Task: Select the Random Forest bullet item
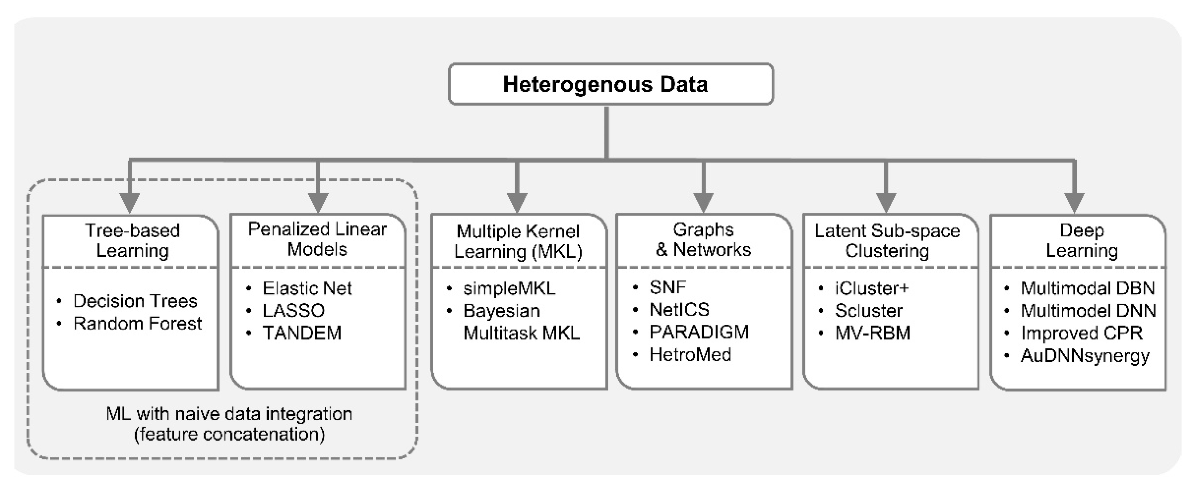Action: [x=137, y=323]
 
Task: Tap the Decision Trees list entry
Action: [x=135, y=301]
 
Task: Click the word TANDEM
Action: [x=302, y=333]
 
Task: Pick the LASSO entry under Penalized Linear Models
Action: [x=293, y=310]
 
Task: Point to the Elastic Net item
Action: [x=307, y=289]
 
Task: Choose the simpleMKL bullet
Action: [x=509, y=289]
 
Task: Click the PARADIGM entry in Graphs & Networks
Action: [x=699, y=332]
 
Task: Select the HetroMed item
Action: [x=690, y=355]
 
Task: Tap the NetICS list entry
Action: [x=679, y=310]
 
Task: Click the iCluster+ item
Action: [x=872, y=289]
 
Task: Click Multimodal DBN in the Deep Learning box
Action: [x=1087, y=289]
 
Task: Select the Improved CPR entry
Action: [x=1082, y=333]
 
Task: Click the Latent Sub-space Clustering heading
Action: [x=887, y=241]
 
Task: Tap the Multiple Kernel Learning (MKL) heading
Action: [x=518, y=241]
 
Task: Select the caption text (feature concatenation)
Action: [x=229, y=434]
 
